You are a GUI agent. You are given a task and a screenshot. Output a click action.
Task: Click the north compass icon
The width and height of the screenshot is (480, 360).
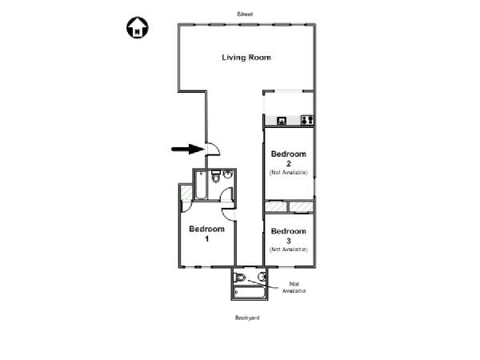click(138, 27)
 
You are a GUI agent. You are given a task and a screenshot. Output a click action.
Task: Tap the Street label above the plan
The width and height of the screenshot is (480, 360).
click(245, 14)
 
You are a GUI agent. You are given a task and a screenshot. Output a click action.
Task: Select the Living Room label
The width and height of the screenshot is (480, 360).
click(246, 58)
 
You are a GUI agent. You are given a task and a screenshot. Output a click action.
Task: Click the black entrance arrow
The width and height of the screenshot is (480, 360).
click(188, 150)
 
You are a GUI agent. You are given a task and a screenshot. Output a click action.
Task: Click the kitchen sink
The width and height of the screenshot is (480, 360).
click(282, 121)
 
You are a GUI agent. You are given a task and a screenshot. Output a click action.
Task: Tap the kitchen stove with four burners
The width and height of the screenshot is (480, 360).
click(307, 120)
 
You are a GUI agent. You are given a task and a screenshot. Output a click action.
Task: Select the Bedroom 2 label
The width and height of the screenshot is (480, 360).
click(288, 158)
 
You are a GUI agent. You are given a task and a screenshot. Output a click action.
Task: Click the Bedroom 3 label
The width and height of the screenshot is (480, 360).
click(288, 236)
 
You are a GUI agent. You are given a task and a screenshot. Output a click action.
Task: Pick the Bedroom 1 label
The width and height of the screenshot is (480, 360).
click(206, 234)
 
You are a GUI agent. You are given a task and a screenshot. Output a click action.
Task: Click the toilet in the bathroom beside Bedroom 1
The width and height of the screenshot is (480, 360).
click(216, 176)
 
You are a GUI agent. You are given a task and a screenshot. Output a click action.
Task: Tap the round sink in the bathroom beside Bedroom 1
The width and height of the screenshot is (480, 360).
click(228, 174)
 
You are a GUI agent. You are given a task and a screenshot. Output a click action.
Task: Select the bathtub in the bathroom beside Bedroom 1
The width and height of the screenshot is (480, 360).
click(201, 185)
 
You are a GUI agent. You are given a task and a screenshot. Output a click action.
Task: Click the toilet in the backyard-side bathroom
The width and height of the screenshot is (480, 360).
click(240, 278)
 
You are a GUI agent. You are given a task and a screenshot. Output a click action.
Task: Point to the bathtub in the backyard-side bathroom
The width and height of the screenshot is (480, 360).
click(249, 292)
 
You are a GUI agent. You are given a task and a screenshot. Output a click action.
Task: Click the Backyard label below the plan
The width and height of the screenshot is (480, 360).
click(247, 318)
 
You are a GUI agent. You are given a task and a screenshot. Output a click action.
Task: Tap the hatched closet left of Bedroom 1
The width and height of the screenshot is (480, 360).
click(186, 193)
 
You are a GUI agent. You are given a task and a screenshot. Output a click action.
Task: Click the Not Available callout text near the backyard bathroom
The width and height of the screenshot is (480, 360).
click(294, 287)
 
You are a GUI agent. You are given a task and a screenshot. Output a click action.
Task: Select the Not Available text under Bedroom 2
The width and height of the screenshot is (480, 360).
click(288, 173)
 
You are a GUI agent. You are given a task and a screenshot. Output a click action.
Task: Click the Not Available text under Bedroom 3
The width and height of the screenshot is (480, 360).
click(288, 250)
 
